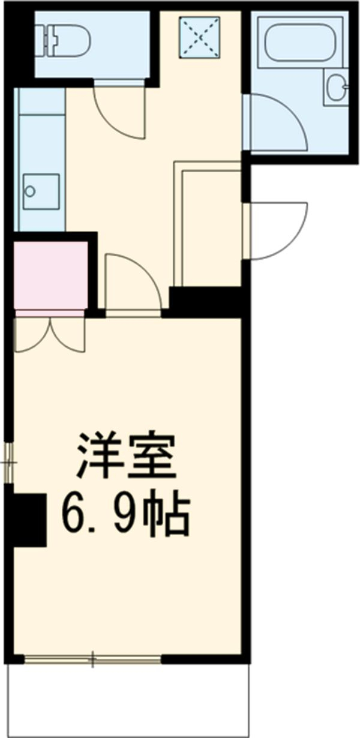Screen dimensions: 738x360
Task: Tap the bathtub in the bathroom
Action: (298, 40)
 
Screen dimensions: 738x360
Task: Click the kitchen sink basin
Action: (41, 191)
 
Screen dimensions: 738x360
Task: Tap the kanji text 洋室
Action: (125, 456)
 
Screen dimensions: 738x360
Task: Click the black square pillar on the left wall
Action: (28, 520)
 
